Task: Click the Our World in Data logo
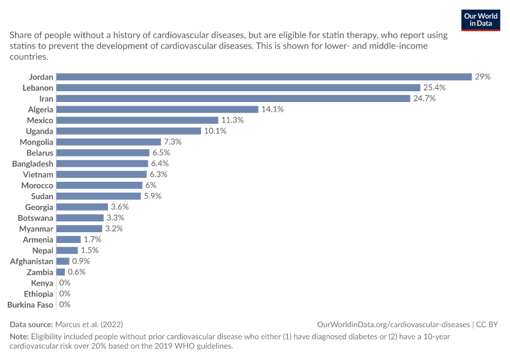coord(481,20)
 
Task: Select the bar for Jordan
coord(264,77)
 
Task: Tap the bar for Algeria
coord(157,109)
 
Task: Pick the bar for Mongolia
coord(109,142)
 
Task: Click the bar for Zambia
coord(61,272)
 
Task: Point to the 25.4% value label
coord(434,88)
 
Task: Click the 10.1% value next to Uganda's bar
coord(215,131)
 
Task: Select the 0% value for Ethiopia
coord(65,293)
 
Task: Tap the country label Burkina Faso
coord(30,305)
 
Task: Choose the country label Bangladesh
coord(32,164)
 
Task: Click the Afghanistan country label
coord(32,262)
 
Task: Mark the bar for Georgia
coord(82,207)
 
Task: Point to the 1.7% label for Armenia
coord(92,239)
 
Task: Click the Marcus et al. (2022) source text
coord(89,324)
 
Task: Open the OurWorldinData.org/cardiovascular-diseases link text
coord(393,325)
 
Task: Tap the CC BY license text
coord(487,325)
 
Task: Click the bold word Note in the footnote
coord(19,336)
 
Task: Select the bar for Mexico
coord(137,121)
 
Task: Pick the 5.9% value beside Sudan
coord(152,196)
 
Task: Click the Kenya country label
coord(42,283)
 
